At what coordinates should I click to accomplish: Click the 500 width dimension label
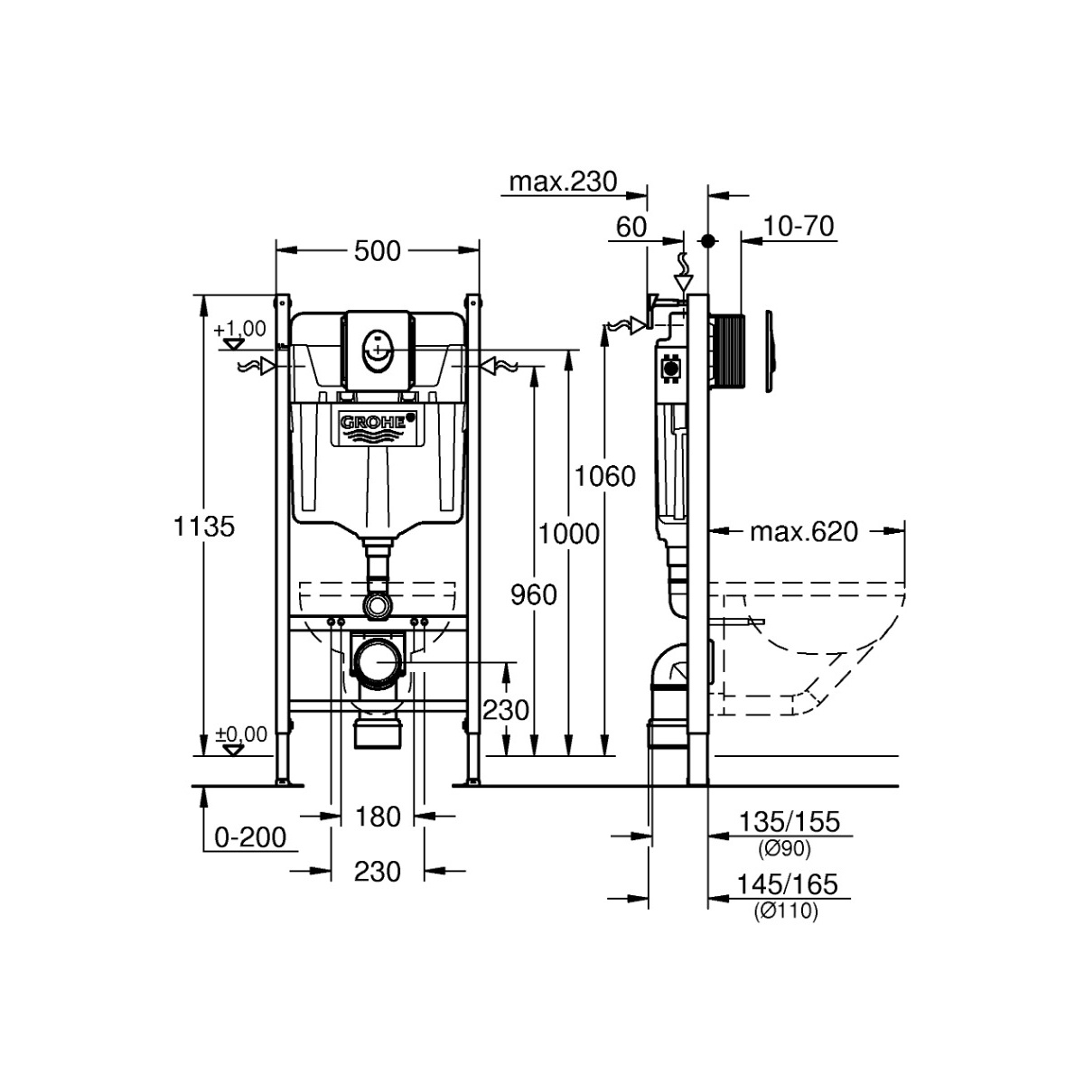coord(378,251)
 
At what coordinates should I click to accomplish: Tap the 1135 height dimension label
coord(203,527)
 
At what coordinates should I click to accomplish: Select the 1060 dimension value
coord(604,476)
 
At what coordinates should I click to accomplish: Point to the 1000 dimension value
coord(569,533)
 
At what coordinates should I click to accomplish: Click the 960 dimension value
coord(534,594)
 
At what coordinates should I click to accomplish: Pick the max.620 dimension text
coord(804,531)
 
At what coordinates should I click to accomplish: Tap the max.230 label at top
coord(563,182)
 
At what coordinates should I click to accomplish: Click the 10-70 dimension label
coord(799,227)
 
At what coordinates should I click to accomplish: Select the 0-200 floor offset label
coord(251,837)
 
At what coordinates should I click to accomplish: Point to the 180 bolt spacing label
coord(378,817)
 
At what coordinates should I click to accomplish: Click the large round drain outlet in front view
coord(378,663)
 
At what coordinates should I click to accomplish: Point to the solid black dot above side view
coord(707,241)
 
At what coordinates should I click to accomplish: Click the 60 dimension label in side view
coord(631,228)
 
